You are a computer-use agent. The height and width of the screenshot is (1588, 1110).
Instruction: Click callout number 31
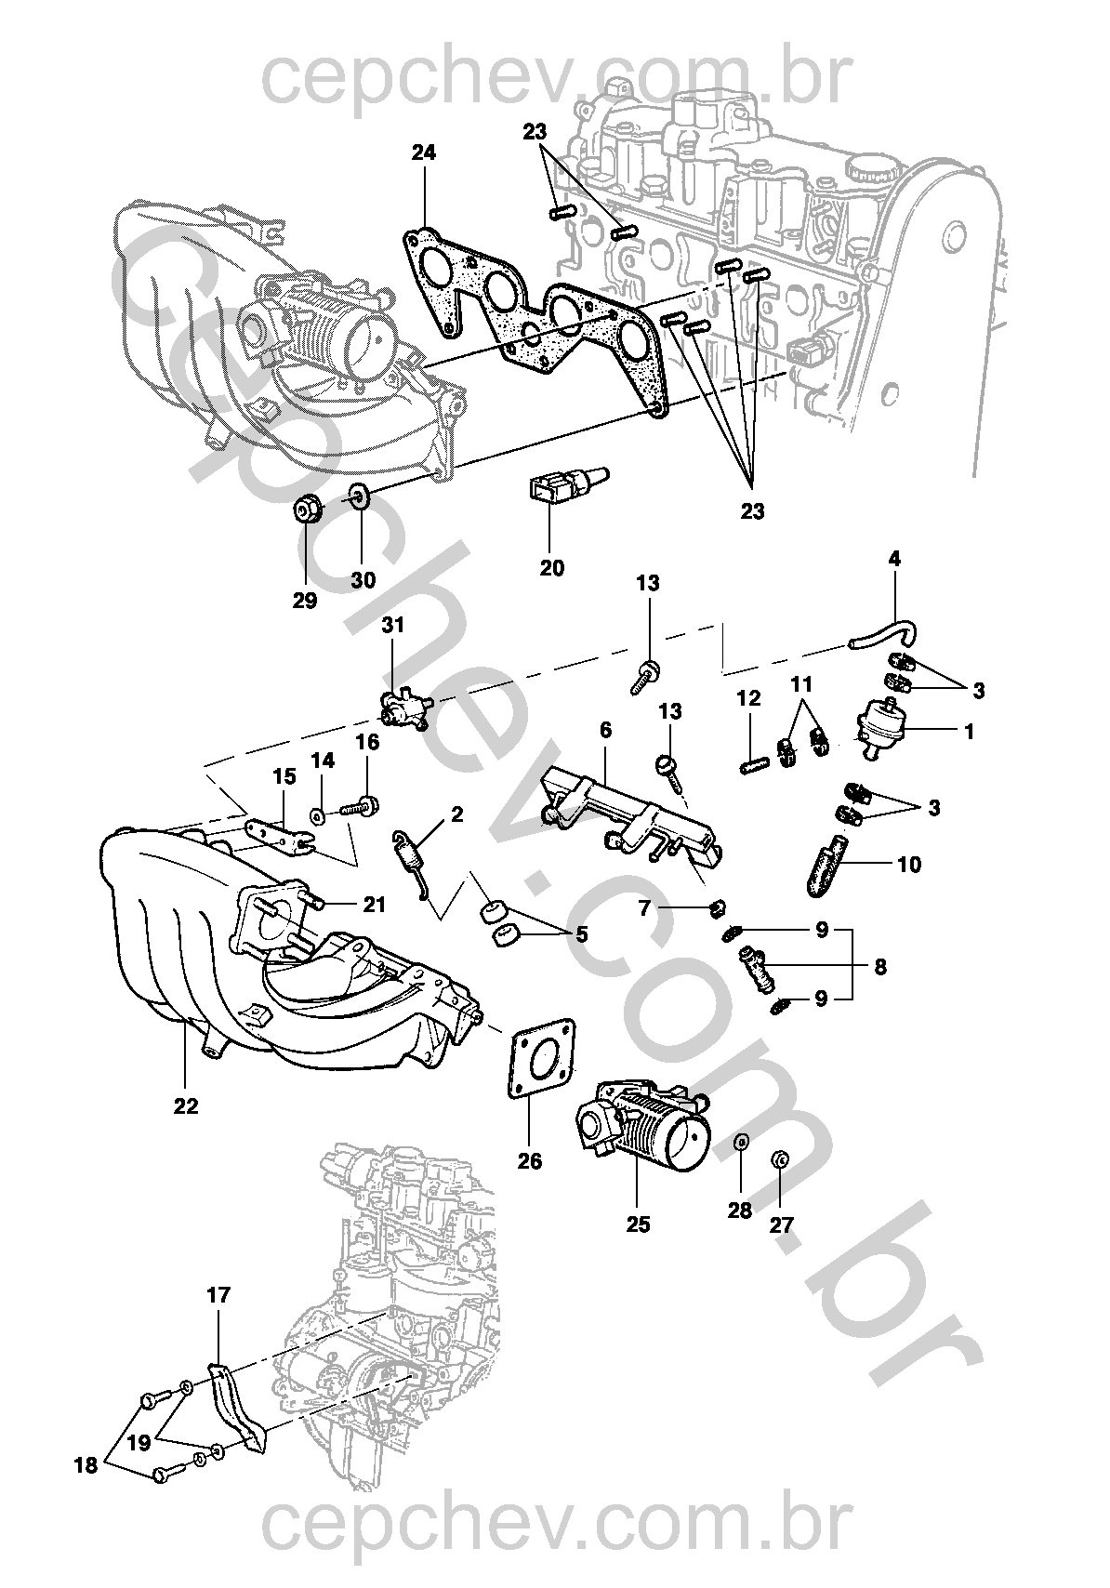393,626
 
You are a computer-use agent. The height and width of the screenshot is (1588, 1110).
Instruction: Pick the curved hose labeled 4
883,635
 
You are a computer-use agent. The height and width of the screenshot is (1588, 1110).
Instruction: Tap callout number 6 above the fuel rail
605,730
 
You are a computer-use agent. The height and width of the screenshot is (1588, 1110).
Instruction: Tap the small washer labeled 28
741,1141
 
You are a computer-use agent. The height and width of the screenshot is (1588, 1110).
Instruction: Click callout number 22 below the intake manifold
186,1106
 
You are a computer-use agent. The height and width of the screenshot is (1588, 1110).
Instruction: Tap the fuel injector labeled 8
757,967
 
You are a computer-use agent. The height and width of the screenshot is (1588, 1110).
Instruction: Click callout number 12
749,698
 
